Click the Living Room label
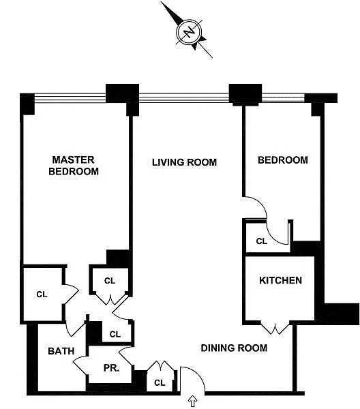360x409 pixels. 185,162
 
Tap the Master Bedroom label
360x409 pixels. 74,166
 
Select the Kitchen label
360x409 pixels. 280,280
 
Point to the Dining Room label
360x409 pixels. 234,348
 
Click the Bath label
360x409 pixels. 61,351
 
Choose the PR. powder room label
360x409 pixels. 111,368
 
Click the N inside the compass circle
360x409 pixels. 189,32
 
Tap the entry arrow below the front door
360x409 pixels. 193,402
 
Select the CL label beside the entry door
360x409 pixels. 160,382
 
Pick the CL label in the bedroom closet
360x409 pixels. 261,241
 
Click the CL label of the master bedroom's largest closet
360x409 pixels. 42,294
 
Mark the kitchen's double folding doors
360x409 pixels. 275,329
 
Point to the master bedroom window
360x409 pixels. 70,97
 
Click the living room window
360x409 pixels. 184,97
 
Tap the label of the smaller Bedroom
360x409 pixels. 283,160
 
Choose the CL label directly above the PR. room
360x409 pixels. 115,334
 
